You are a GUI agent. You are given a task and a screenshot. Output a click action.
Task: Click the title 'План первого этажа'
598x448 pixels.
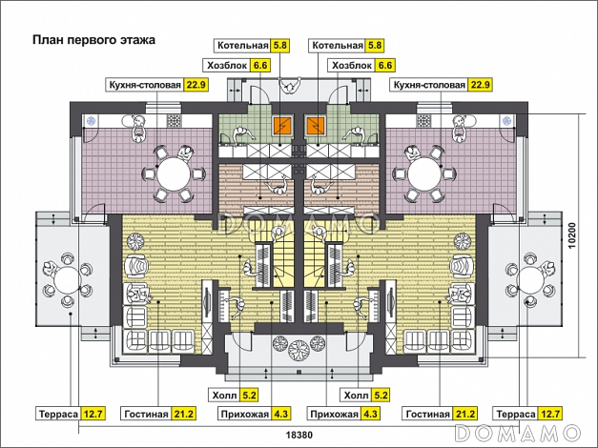tap(93, 41)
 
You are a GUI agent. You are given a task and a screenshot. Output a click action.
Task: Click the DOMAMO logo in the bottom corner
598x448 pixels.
tap(524, 433)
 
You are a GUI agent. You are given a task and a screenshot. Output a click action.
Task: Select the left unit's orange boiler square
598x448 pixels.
tap(281, 127)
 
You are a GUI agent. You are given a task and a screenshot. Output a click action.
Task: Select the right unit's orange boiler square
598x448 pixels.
tap(317, 127)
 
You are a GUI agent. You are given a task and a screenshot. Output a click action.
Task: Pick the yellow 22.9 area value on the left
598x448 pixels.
tap(196, 85)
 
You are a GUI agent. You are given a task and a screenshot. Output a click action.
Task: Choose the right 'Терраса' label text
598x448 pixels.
tap(516, 415)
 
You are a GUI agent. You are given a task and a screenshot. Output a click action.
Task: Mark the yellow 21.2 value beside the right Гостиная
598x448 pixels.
tap(465, 415)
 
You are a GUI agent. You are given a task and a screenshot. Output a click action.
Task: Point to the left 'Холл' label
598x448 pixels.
tap(221, 395)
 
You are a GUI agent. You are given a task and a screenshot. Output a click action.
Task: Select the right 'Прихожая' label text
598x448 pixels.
tap(333, 415)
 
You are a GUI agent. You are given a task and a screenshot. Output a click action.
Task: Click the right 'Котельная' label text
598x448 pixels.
tap(337, 46)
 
